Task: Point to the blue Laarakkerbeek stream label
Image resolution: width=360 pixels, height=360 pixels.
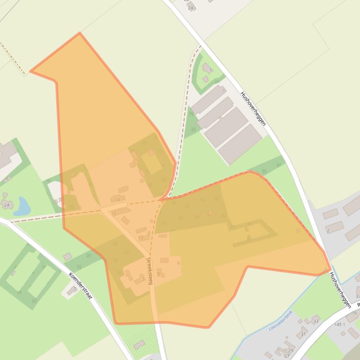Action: [x=280, y=321]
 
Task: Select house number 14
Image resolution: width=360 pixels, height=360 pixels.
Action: [x=117, y=200]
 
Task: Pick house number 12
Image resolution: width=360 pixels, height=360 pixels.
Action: [x=113, y=213]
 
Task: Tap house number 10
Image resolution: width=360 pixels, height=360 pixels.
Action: [x=141, y=238]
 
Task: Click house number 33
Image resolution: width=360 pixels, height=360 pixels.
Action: [x=316, y=321]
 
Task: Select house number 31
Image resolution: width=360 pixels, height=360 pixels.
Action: [x=303, y=334]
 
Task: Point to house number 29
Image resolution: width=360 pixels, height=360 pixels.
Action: [x=290, y=351]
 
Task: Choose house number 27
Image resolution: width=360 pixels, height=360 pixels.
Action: [x=287, y=356]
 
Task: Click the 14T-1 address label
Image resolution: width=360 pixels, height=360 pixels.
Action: [x=339, y=324]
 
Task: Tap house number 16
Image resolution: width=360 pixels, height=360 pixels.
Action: [x=354, y=313]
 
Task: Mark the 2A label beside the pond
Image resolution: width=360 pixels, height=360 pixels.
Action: [x=7, y=205]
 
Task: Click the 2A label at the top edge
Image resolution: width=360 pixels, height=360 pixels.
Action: [x=191, y=8]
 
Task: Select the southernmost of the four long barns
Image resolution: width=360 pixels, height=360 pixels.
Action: [x=240, y=144]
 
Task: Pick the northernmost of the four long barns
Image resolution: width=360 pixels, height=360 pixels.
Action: [x=208, y=99]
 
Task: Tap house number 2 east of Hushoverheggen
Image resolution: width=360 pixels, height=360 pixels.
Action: [x=328, y=230]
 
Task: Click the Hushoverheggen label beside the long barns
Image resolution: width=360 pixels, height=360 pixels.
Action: [x=253, y=108]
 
